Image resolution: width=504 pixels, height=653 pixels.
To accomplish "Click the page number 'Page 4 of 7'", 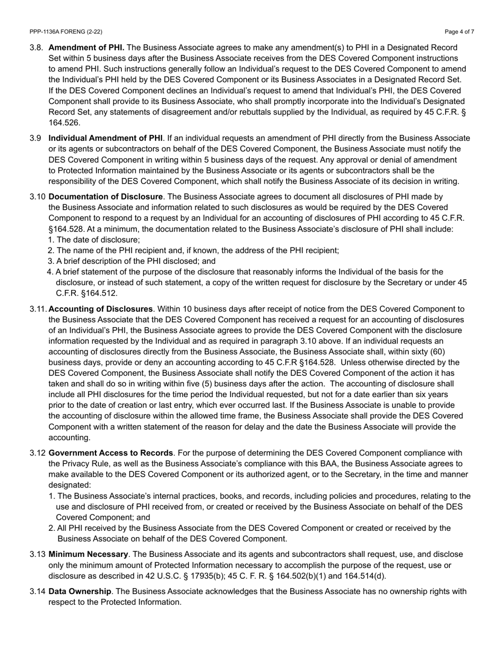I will (459, 32).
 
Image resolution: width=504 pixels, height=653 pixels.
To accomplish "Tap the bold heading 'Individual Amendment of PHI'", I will (106, 138).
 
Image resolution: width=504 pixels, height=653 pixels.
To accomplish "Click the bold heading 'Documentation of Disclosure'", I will (106, 196).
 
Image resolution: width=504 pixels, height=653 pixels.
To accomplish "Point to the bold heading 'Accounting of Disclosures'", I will (100, 308).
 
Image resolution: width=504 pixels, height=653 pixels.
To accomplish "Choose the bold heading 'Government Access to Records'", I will (111, 453).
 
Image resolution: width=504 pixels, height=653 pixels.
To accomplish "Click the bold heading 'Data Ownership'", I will (80, 591).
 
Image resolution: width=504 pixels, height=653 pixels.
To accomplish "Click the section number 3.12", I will (38, 453).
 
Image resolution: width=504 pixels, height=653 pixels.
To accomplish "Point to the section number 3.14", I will (38, 591).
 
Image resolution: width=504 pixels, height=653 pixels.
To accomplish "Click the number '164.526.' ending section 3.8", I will (65, 123).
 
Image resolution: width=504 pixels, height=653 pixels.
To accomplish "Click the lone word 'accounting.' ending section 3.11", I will (69, 437).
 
